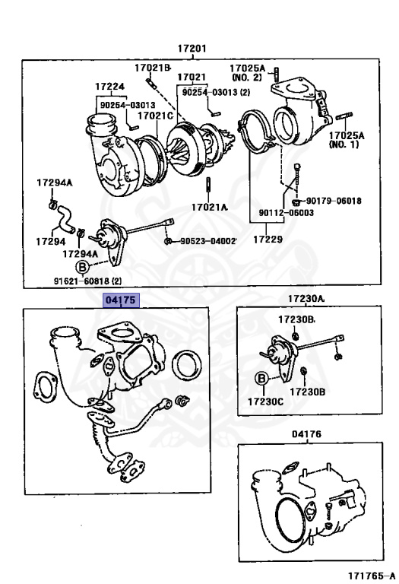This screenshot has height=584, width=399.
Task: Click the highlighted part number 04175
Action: [122, 300]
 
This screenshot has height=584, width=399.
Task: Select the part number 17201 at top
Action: [192, 49]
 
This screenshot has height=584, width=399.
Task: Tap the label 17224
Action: [109, 87]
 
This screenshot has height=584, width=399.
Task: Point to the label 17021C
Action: [155, 116]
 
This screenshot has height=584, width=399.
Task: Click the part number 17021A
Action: [209, 207]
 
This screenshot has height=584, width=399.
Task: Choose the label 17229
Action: [268, 239]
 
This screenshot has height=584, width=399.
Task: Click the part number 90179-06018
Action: [334, 201]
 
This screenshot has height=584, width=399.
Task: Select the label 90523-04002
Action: [208, 241]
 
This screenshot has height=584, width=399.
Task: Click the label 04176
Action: [306, 434]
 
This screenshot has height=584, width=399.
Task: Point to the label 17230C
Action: [265, 401]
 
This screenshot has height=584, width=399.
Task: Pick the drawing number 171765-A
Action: [372, 576]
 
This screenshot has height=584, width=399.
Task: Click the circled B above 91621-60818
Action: [82, 267]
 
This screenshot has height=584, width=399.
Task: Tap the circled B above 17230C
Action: [261, 379]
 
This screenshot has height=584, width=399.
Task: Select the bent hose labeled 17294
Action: [65, 219]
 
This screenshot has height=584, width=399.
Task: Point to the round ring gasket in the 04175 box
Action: [187, 364]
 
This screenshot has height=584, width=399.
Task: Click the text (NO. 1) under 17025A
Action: [344, 144]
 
